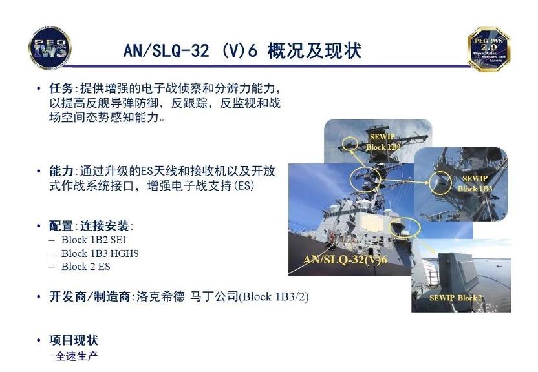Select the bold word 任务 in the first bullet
pyautogui.click(x=61, y=88)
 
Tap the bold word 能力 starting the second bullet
pyautogui.click(x=61, y=172)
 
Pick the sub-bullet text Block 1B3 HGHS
pyautogui.click(x=100, y=253)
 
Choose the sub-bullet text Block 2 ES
pyautogui.click(x=87, y=266)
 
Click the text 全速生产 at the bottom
pyautogui.click(x=77, y=356)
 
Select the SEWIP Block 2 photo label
pyautogui.click(x=456, y=298)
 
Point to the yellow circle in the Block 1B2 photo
pyautogui.click(x=350, y=141)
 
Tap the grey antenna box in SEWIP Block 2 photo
pyautogui.click(x=459, y=271)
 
